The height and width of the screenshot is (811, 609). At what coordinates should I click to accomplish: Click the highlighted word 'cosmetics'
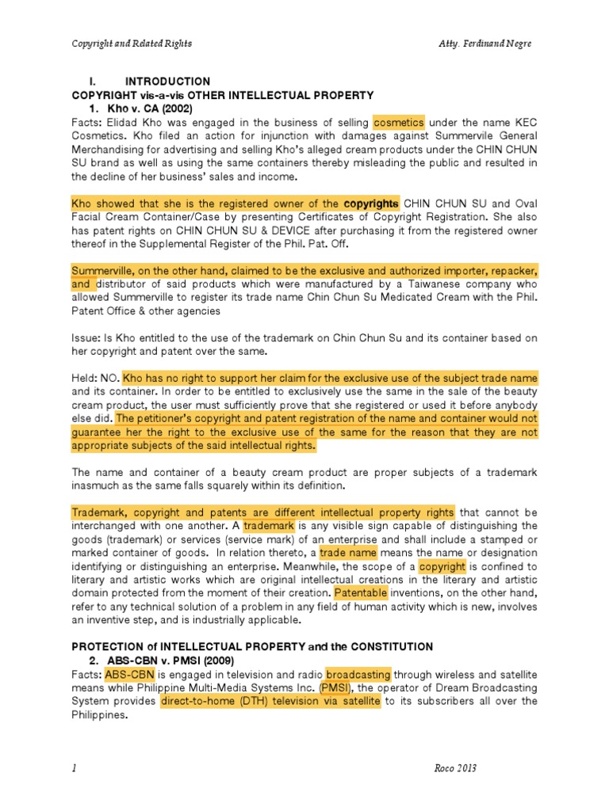tap(399, 123)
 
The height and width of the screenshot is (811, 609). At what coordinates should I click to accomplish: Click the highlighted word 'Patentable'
tap(361, 592)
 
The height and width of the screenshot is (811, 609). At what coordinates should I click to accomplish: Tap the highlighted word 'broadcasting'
tap(358, 674)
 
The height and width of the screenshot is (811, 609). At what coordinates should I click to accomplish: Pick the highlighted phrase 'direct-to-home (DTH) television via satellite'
tap(270, 701)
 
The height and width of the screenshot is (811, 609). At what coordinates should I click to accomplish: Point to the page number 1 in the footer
tap(73, 769)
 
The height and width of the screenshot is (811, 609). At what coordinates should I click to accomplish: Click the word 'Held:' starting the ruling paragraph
tap(85, 378)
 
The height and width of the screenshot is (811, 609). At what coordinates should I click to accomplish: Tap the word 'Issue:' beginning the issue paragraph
tap(86, 338)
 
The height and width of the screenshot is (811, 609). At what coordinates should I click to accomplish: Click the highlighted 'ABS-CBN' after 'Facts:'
tap(125, 674)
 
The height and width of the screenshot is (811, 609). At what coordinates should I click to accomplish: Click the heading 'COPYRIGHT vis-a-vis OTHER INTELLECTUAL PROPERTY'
tap(223, 95)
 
